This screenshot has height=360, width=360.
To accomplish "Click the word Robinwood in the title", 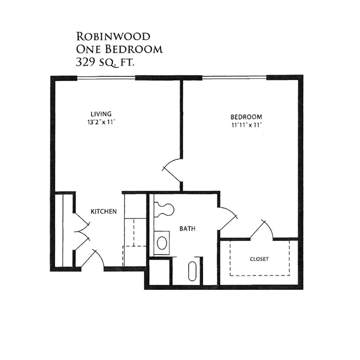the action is pyautogui.click(x=113, y=36).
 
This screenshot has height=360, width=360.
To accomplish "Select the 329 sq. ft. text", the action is pyautogui.click(x=105, y=62).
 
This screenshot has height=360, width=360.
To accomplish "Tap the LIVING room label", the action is pyautogui.click(x=101, y=114).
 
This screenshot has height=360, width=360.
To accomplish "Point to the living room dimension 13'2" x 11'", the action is pyautogui.click(x=101, y=122).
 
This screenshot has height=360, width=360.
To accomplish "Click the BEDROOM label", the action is pyautogui.click(x=246, y=117).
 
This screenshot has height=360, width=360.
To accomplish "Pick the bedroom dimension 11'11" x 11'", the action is pyautogui.click(x=247, y=126).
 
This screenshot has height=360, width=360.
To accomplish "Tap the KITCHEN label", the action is pyautogui.click(x=104, y=211).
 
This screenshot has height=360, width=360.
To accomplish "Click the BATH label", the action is pyautogui.click(x=187, y=229).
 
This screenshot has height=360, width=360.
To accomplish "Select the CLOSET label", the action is pyautogui.click(x=259, y=259).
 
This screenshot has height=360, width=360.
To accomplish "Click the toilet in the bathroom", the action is pyautogui.click(x=164, y=209).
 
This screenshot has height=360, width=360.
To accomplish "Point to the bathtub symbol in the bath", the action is pyautogui.click(x=192, y=271).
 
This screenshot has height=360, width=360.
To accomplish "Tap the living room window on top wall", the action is pyautogui.click(x=106, y=78).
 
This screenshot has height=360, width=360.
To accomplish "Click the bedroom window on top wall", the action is pyautogui.click(x=234, y=77).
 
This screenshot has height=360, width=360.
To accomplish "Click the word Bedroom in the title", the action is pyautogui.click(x=134, y=49).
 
